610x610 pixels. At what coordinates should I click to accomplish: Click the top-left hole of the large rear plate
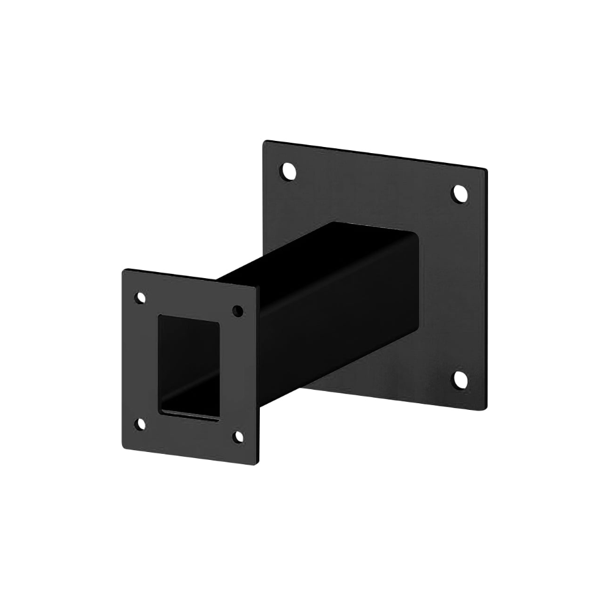[x=287, y=171]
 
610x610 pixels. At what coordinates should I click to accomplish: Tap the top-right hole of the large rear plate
[x=459, y=194]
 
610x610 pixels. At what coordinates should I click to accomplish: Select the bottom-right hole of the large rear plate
[x=460, y=379]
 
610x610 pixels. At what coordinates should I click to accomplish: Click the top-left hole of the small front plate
[x=140, y=298]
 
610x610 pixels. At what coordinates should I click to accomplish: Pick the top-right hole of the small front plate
[x=238, y=311]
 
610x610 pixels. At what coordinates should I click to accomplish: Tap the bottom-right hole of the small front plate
[x=239, y=436]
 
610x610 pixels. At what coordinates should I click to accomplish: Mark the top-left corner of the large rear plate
[x=265, y=142]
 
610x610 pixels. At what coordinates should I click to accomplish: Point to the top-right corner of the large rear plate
[x=486, y=169]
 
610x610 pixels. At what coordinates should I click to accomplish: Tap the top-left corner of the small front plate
[x=123, y=270]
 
